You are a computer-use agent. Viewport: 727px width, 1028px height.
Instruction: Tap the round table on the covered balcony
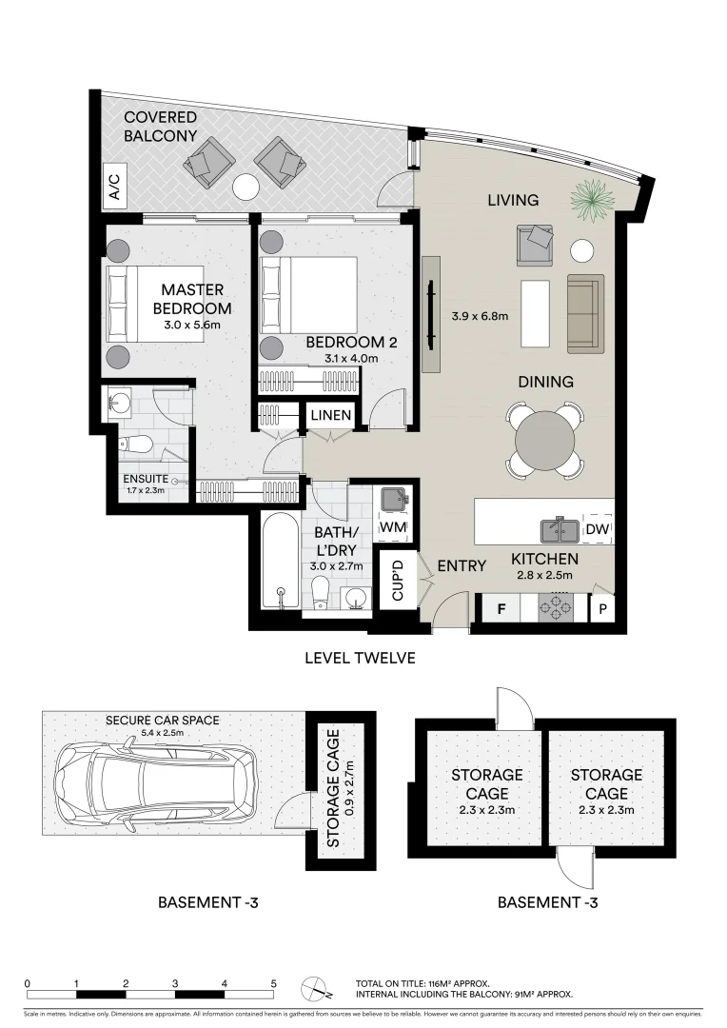coord(246,188)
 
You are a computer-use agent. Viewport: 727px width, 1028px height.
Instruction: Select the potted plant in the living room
coord(588,201)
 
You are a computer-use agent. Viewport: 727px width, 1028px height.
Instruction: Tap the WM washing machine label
coord(393,526)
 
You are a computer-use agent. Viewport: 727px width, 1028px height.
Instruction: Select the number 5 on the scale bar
coord(273,983)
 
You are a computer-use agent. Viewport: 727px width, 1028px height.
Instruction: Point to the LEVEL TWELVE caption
coord(360,658)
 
